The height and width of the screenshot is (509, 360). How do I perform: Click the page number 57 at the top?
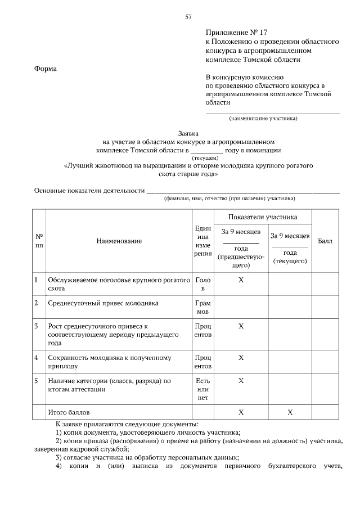188,17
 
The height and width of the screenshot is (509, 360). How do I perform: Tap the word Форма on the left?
46,69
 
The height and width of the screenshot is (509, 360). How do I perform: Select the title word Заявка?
188,134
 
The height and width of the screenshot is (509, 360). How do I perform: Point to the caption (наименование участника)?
263,119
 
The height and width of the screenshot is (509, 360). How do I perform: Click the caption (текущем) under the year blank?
207,158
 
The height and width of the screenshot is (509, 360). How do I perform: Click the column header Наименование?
119,241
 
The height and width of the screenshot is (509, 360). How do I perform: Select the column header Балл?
325,241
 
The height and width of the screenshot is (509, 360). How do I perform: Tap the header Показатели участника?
263,217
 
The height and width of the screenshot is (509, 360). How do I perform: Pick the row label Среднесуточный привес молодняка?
103,303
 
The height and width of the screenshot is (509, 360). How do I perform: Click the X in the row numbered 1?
241,280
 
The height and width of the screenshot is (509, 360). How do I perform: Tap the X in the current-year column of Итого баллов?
290,412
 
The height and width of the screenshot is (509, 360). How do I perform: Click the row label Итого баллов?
69,412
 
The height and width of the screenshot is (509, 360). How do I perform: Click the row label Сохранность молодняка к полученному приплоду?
110,362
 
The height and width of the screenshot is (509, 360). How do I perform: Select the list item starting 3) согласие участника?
148,457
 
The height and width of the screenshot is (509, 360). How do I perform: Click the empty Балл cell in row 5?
325,389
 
